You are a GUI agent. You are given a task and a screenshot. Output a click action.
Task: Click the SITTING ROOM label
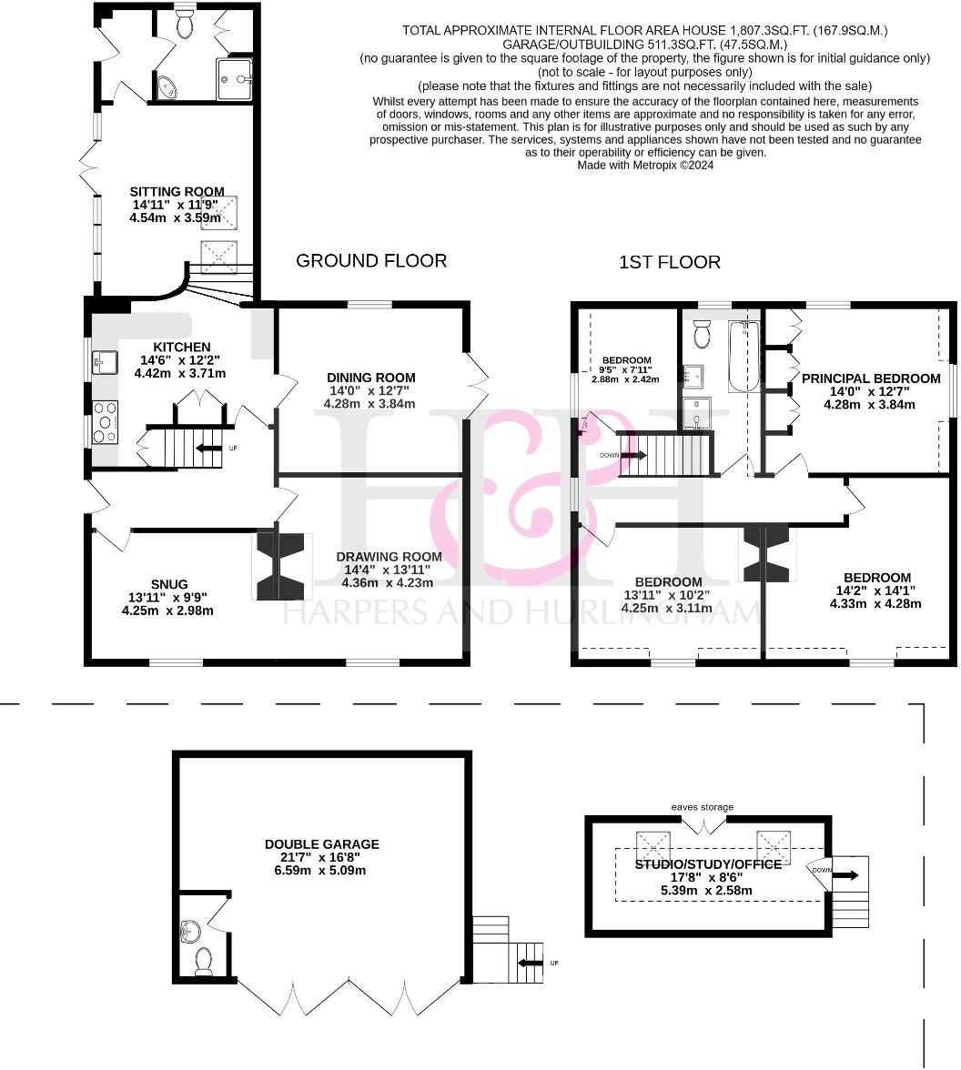point(177,192)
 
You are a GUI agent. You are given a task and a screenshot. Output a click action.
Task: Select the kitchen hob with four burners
point(106,421)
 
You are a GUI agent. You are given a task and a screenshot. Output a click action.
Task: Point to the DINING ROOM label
point(370,378)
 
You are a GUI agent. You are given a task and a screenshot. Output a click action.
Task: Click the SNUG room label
point(170,584)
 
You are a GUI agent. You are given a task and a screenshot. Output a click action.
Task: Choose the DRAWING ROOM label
point(389,557)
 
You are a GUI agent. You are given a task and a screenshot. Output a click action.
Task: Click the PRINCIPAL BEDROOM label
point(870,379)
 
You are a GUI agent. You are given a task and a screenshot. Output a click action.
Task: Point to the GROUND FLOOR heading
point(371,261)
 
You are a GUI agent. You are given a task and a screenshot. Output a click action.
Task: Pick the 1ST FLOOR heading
point(669,263)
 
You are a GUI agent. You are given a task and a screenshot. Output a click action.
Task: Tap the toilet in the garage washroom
point(204,958)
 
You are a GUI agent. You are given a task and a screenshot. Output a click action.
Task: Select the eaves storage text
point(703,807)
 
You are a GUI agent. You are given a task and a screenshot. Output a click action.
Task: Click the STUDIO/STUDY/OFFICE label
point(707,864)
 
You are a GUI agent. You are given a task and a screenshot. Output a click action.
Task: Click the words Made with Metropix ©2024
point(645,166)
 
